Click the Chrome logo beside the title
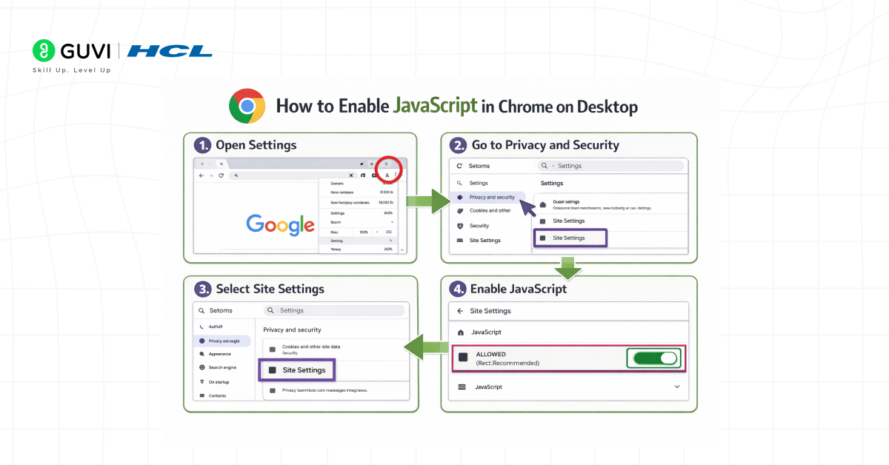click(247, 106)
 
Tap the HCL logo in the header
click(170, 51)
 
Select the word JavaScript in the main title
click(435, 106)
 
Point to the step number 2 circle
click(459, 145)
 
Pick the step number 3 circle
click(202, 289)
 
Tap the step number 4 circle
click(459, 289)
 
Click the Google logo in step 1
click(281, 224)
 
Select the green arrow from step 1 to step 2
click(429, 201)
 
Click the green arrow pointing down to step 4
click(568, 267)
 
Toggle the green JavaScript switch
click(656, 358)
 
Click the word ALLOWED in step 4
click(491, 355)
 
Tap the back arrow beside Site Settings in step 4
click(460, 311)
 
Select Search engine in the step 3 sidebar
click(222, 367)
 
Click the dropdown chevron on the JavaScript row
click(676, 387)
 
